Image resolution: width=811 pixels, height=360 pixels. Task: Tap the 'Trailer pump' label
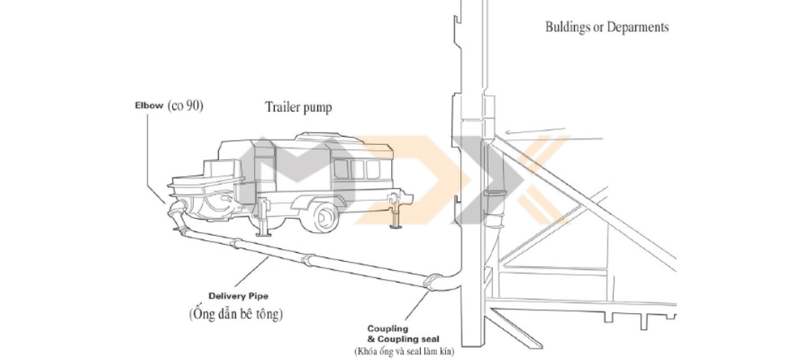coord(299,107)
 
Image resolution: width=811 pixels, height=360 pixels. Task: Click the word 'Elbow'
coord(148,105)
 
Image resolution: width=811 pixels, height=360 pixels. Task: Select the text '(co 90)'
coord(186,105)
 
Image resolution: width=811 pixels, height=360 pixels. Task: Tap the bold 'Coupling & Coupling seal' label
coord(396,334)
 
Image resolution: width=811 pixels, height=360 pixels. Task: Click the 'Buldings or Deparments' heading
coord(607,27)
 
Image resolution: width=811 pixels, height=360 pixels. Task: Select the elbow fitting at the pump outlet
coord(178,216)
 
